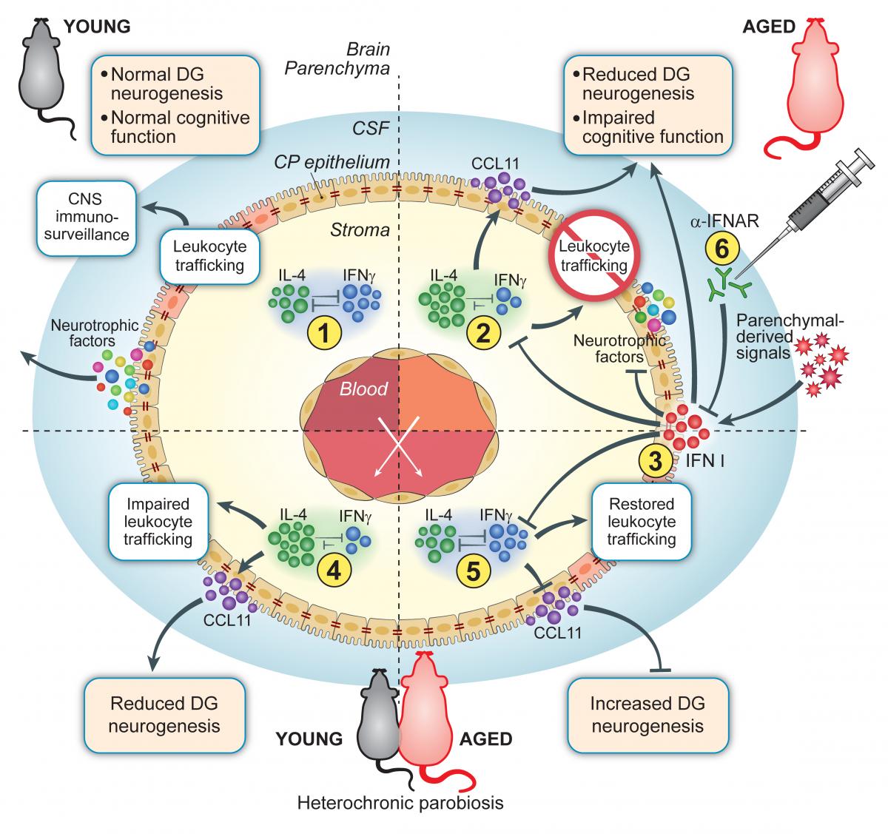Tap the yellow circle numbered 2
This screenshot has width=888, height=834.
[x=484, y=333]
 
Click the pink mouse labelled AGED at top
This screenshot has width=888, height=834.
[x=819, y=74]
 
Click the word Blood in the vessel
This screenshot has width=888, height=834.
[x=363, y=389]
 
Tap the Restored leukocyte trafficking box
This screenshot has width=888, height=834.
[x=641, y=522]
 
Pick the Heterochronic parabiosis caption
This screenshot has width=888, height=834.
[x=400, y=803]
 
